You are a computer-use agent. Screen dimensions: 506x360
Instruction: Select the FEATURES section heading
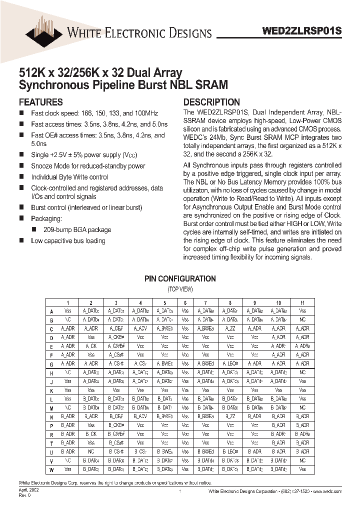click(x=40, y=102)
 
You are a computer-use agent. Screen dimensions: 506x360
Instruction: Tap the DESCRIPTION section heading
click(x=211, y=102)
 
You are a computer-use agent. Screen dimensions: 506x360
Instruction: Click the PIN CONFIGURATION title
click(x=180, y=279)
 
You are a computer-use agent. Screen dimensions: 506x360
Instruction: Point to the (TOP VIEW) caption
click(x=180, y=289)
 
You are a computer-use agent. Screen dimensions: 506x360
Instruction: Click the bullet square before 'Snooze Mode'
click(x=21, y=165)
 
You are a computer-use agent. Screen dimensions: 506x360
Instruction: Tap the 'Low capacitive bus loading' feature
click(x=68, y=240)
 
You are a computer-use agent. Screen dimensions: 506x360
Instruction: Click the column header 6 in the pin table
click(x=185, y=302)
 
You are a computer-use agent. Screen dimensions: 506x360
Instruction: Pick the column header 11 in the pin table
click(x=302, y=302)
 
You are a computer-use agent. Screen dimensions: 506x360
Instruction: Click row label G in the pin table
click(x=51, y=363)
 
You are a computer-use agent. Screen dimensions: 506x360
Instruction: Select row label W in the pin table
click(x=51, y=469)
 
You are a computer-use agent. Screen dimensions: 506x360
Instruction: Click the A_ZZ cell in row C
click(x=230, y=328)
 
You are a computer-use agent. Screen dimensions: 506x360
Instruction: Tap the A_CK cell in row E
click(x=91, y=346)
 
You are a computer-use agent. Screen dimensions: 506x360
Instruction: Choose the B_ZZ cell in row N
click(x=230, y=416)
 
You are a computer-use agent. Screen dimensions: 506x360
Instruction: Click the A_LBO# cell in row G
click(x=230, y=363)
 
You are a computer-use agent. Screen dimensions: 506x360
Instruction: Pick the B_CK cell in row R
click(x=91, y=434)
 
